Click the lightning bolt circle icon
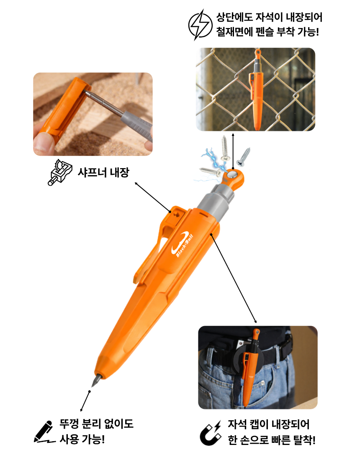coord(200,25)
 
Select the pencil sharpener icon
coord(59,172)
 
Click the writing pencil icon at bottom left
coord(44,432)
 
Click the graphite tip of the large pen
coord(96,380)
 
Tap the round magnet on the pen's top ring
coord(233,175)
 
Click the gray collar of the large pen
coord(215,201)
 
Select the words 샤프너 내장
coord(103,172)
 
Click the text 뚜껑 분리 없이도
coord(96,424)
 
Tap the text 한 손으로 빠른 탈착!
coord(272,440)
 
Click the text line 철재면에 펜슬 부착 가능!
coord(267,31)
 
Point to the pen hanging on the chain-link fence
coord(256,89)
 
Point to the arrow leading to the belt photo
coord(234,278)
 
